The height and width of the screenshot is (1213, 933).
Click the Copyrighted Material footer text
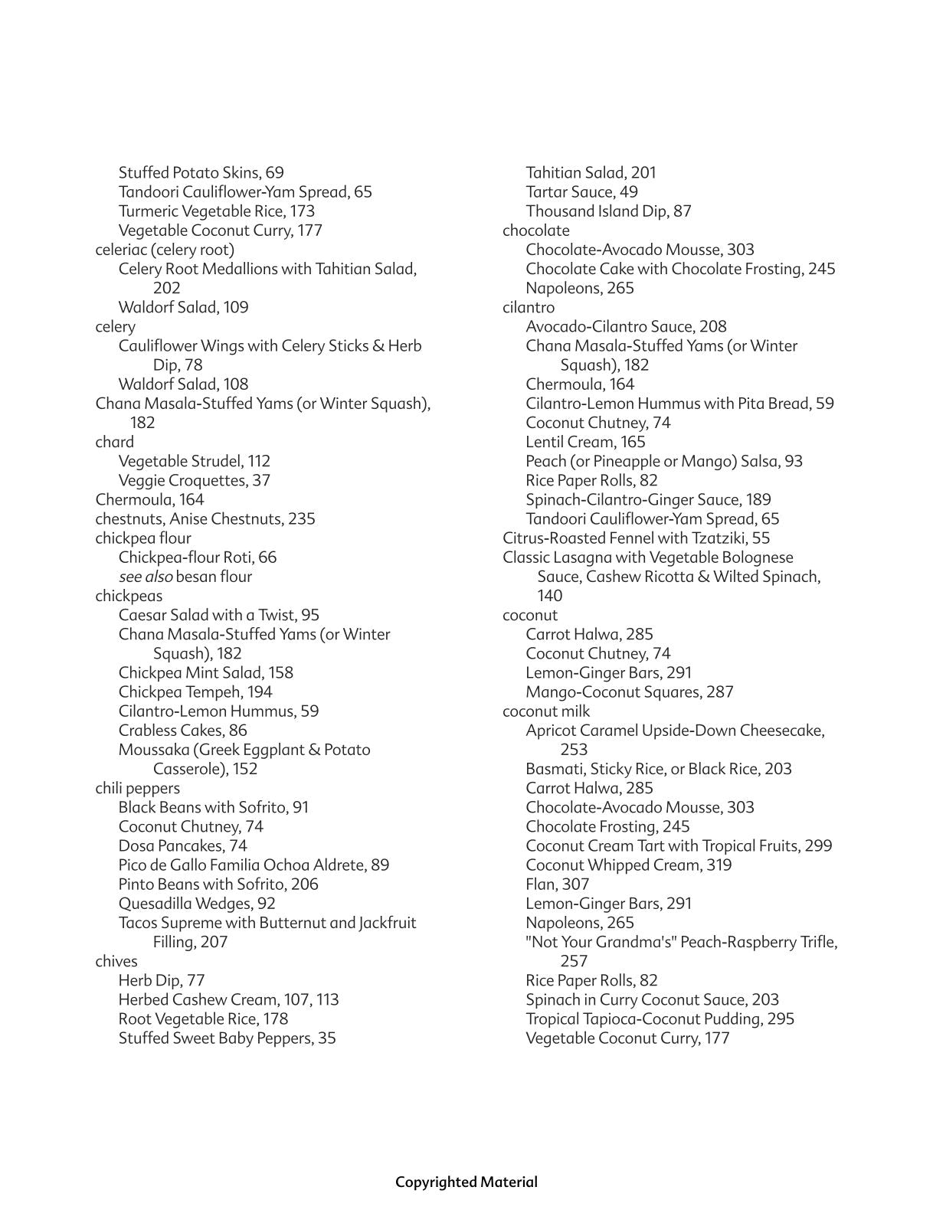pos(466,1182)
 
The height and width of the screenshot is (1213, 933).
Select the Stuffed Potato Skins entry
pos(201,173)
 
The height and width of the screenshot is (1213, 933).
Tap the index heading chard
pos(114,442)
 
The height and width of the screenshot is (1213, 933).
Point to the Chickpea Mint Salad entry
pos(205,672)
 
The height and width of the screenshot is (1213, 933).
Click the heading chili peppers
pos(137,788)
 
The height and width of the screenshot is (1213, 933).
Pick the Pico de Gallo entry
pos(253,865)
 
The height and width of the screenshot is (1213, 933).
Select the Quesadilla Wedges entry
pos(196,904)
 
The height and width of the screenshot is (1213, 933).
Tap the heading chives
pos(116,961)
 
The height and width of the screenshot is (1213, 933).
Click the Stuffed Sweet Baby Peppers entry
pos(227,1038)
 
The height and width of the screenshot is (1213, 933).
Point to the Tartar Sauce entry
pos(581,192)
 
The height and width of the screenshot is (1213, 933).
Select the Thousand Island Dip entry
pos(608,211)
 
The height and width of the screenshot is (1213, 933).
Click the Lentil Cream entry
pos(585,442)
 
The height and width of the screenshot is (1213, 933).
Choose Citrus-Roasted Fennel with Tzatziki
pos(636,538)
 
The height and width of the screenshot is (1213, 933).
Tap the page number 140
pos(549,596)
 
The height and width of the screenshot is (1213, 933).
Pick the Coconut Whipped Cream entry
pos(628,865)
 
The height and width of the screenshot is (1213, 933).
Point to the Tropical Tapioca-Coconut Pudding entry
pos(660,1019)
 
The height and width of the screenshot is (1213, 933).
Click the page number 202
pos(166,288)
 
